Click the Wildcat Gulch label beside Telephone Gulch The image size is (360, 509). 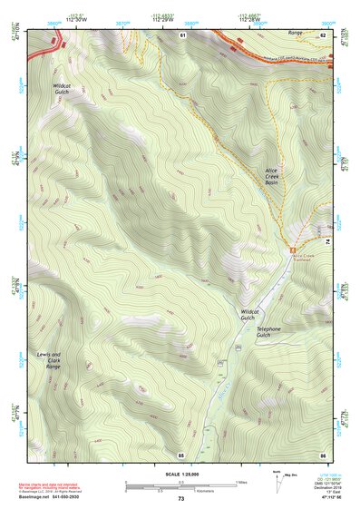[249, 314]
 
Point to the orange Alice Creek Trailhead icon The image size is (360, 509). [293, 250]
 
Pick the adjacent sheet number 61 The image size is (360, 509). [181, 34]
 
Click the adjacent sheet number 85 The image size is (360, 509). [181, 454]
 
